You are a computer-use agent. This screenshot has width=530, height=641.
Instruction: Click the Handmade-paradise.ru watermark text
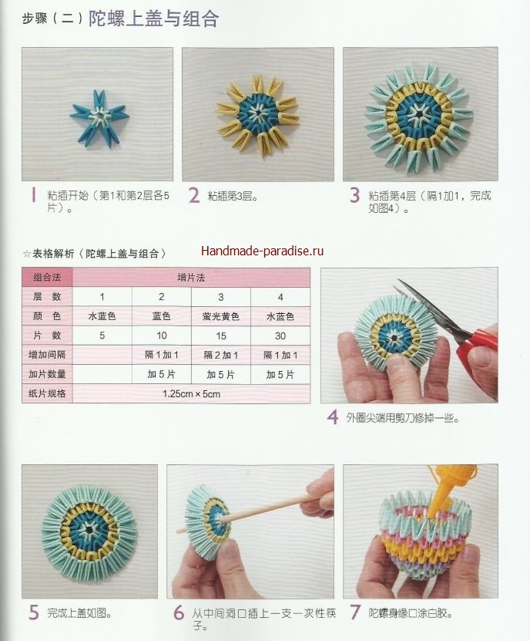coord(262,251)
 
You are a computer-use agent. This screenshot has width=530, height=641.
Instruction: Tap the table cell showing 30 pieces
coord(280,336)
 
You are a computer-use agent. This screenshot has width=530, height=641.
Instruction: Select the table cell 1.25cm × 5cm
coord(191,394)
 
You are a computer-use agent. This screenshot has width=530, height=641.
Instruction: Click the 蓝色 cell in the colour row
coord(161,316)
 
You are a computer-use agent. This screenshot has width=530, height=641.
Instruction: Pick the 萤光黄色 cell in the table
coord(221,316)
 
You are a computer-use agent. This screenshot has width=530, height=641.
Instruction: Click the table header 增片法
coord(191,278)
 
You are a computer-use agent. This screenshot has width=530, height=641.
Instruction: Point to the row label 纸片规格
coord(47,394)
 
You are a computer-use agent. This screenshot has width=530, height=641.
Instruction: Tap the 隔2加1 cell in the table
coord(221,355)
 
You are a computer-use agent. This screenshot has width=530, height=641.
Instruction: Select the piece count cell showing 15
coord(221,336)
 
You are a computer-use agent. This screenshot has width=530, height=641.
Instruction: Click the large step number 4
coord(333,417)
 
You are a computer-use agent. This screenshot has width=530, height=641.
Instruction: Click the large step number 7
coord(355,612)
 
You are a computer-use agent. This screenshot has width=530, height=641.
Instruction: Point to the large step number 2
coord(194,195)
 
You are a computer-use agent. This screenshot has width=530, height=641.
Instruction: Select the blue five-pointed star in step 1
coord(99,118)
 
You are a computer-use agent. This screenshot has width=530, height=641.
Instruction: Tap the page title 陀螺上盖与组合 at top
coord(153,19)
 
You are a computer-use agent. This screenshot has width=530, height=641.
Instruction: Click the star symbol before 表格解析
coord(27,254)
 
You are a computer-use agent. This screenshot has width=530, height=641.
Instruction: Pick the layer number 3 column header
coord(221,297)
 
